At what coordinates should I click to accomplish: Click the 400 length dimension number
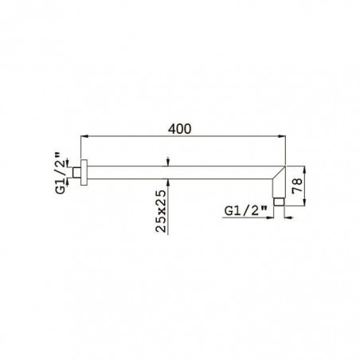click(179, 129)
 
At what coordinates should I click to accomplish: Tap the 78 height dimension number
click(297, 186)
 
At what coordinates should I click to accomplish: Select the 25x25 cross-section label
click(161, 211)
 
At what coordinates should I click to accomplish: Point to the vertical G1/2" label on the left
click(61, 173)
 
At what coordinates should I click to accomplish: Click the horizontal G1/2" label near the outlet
click(242, 211)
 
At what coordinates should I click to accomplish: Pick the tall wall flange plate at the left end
click(84, 172)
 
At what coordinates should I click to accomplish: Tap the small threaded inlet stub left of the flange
click(76, 172)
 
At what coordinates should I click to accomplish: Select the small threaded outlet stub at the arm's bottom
click(279, 202)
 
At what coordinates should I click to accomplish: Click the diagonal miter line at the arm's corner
click(280, 173)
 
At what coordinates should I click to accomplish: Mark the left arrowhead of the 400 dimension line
click(84, 136)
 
